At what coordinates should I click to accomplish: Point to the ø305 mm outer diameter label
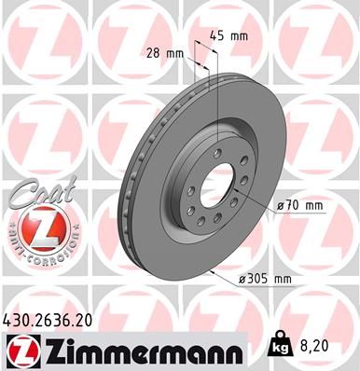(x=266, y=277)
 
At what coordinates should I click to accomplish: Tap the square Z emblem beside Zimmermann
(x=20, y=350)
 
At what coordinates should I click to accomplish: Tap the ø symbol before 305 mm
(x=242, y=277)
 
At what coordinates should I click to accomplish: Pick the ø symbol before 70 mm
(x=283, y=205)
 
